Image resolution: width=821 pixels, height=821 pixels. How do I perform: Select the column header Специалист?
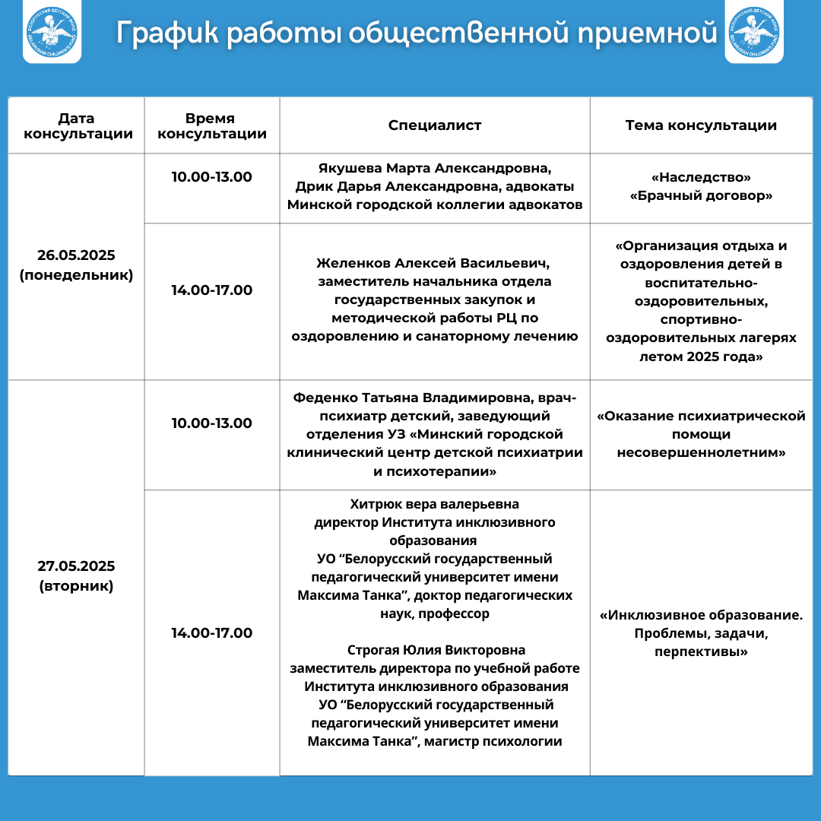click(435, 125)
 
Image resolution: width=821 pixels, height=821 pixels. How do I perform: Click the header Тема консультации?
click(701, 125)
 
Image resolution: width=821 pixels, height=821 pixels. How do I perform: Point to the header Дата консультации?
click(78, 126)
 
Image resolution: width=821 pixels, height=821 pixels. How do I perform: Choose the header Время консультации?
click(211, 126)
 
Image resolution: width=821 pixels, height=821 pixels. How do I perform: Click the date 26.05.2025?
click(76, 255)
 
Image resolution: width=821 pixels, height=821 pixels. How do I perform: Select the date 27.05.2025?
click(76, 566)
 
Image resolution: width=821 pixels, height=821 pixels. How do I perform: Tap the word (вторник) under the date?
click(76, 586)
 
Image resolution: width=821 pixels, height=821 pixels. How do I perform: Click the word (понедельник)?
click(76, 274)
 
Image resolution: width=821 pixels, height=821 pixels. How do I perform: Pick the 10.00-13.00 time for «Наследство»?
click(211, 176)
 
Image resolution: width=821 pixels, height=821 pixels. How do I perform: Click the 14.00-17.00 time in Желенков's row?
click(211, 290)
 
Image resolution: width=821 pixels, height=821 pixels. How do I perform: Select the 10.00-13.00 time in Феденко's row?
click(211, 423)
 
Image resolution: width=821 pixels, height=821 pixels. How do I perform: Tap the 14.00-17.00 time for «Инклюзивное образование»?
click(211, 632)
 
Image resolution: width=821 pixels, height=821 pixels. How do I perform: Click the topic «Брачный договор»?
click(702, 195)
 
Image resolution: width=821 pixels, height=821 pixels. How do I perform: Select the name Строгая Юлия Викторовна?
click(436, 650)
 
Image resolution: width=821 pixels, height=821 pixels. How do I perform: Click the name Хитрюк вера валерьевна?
click(435, 504)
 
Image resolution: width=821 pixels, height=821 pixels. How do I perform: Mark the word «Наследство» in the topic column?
click(702, 177)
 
